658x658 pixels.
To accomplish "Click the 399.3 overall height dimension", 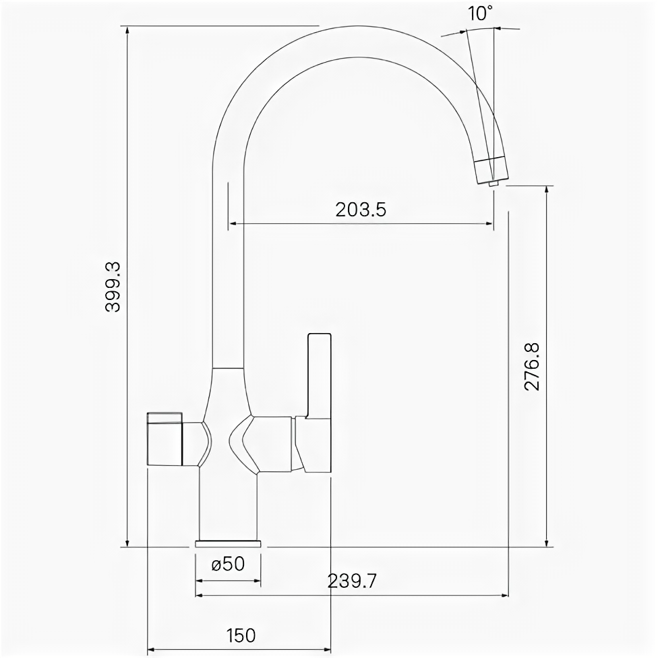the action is click(x=113, y=287).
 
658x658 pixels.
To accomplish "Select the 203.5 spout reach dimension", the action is click(x=361, y=210).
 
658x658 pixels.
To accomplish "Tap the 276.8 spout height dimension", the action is click(x=532, y=367).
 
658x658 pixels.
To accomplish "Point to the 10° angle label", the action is click(x=481, y=13).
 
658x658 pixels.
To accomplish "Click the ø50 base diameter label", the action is click(x=228, y=564).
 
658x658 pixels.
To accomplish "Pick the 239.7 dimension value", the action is click(x=352, y=581).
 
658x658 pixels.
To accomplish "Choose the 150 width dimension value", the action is click(x=241, y=635).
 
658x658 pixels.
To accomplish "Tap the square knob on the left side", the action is click(x=164, y=438).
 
